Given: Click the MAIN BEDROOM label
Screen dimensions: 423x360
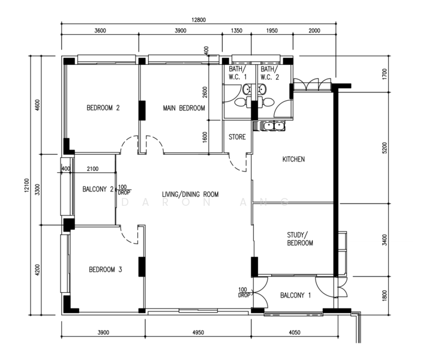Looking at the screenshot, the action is [184, 108].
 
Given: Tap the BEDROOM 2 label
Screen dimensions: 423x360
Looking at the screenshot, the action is [103, 108].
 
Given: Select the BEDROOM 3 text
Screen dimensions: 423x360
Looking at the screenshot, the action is [106, 269].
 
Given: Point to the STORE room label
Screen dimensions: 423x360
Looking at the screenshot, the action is [237, 137].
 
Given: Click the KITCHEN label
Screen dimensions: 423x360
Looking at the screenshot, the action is [293, 159].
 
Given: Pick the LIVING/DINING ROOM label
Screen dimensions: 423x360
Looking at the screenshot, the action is [190, 194].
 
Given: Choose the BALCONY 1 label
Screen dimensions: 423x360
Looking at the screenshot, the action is [295, 295].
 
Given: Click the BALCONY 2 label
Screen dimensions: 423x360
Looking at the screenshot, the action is [98, 189].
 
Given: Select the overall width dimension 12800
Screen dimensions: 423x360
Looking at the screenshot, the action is [199, 20].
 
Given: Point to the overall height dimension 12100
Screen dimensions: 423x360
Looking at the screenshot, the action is [26, 185].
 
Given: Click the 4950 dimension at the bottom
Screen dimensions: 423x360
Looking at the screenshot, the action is [198, 332].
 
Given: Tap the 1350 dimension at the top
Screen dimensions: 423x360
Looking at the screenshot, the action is [236, 31].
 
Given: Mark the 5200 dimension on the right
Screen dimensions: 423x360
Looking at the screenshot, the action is [385, 148].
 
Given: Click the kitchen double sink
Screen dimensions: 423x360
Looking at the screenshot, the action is [273, 126].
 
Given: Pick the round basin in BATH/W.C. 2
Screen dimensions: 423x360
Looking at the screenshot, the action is [262, 89].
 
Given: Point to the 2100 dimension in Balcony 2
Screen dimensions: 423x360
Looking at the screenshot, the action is [92, 169].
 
